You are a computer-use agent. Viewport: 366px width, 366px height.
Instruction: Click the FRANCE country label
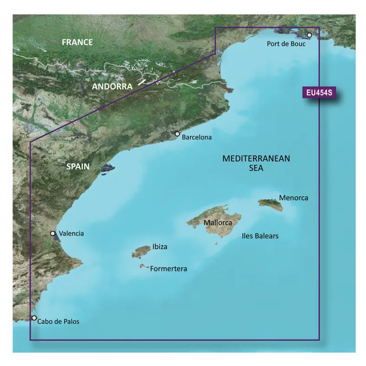[x=77, y=43]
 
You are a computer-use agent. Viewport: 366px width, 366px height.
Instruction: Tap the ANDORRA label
[x=112, y=86]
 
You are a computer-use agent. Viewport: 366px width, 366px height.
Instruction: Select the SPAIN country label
[x=78, y=167]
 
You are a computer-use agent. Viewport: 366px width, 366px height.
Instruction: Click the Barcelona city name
[x=197, y=137]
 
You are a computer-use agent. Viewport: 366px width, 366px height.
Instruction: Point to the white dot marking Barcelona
[x=178, y=134]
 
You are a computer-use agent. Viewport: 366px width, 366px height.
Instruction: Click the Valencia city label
[x=71, y=233]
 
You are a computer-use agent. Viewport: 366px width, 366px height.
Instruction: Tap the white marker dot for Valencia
[x=53, y=233]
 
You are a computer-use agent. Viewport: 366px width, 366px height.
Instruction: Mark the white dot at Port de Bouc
[x=309, y=35]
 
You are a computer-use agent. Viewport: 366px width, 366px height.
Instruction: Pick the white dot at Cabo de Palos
[x=34, y=318]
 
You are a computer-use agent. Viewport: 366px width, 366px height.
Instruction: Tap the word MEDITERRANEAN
[x=256, y=159]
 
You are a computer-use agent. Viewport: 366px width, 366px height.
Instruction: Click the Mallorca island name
[x=218, y=223]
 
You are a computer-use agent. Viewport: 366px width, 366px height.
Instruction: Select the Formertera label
[x=169, y=269]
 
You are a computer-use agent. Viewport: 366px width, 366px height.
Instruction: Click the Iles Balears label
[x=260, y=236]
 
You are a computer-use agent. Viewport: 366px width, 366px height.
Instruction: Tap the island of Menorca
[x=270, y=203]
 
